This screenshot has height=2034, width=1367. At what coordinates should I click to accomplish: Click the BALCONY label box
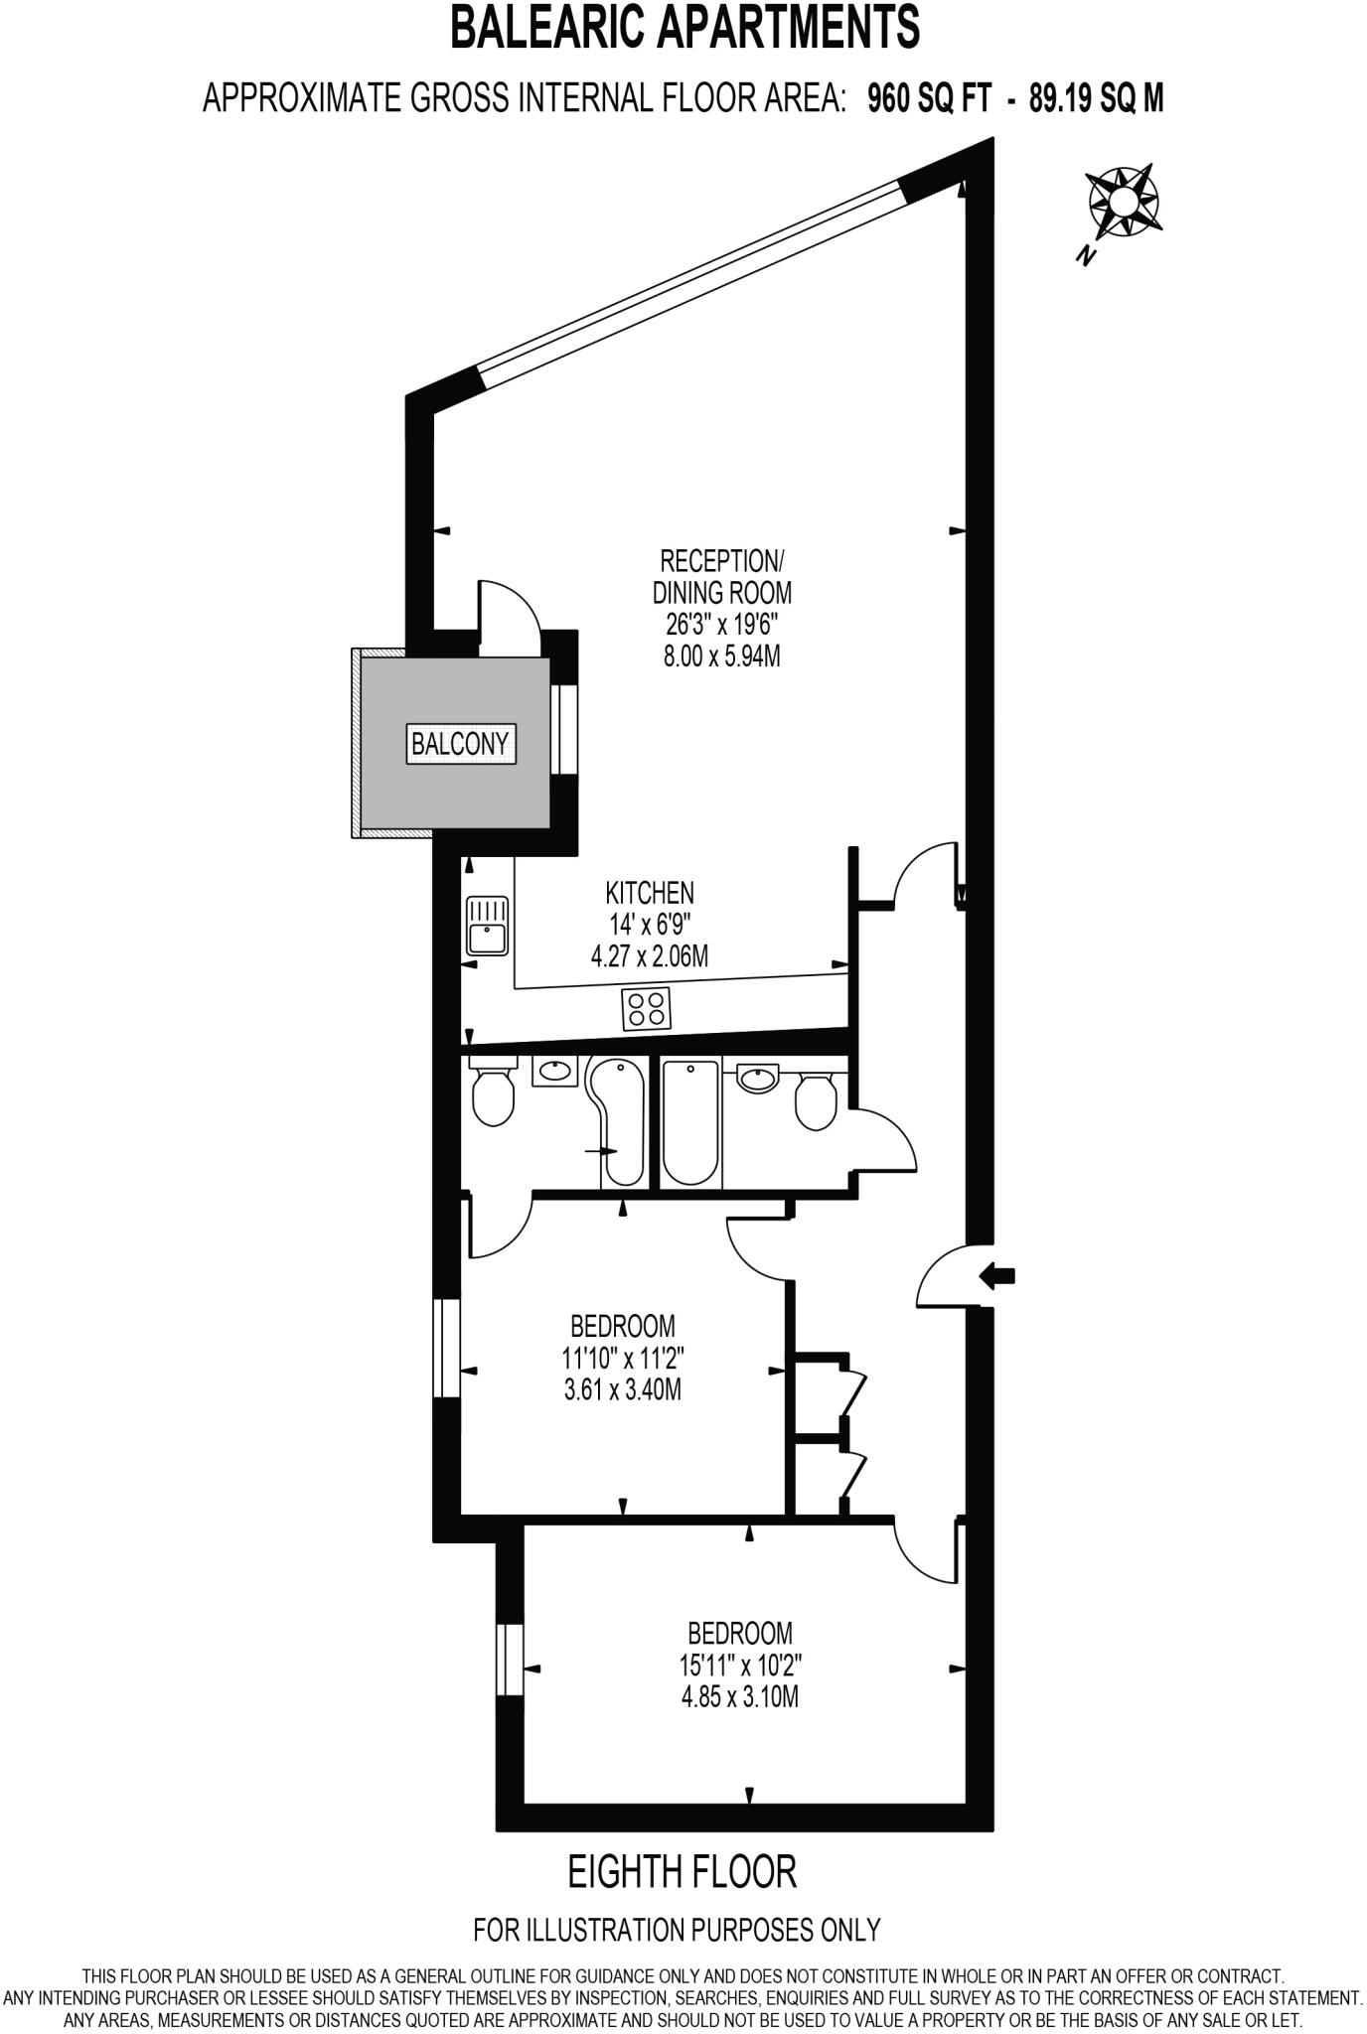coord(461,743)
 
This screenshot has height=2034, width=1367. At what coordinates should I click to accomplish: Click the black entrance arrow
coord(996,1275)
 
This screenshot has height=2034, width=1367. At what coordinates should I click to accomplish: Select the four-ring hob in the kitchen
coord(646,1009)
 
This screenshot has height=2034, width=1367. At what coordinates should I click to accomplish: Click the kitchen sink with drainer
coord(487,926)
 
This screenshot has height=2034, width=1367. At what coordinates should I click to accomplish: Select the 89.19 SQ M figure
coord(1096,98)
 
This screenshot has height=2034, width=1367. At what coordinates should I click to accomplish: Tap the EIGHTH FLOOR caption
coord(682,1872)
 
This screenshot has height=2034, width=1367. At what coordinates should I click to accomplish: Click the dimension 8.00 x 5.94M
coord(721,656)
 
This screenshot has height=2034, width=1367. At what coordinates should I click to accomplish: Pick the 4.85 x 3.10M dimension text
coord(740,1696)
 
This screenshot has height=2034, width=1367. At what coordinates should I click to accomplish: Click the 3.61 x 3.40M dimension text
coord(622,1388)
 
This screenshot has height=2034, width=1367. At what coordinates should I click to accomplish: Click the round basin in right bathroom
coord(759,1077)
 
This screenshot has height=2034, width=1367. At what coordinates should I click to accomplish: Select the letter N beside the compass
coord(1087,255)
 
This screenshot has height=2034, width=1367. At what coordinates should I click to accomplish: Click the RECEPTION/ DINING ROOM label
coord(721,576)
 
